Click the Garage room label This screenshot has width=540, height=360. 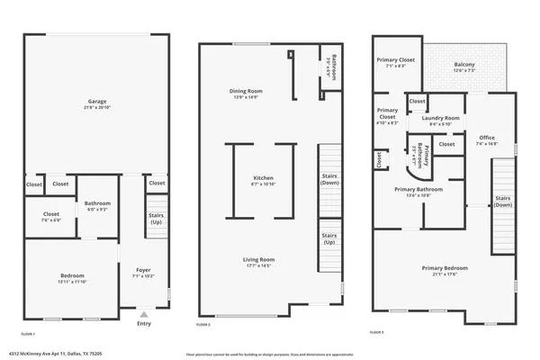click(x=96, y=102)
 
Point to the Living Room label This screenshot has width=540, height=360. click(x=257, y=260)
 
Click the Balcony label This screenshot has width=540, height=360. click(x=464, y=64)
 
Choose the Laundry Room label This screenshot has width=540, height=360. click(x=440, y=118)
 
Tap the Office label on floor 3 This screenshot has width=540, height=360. click(x=487, y=137)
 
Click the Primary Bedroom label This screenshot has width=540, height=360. click(x=445, y=268)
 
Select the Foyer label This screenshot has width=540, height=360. click(x=143, y=269)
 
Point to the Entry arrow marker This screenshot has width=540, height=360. click(x=143, y=314)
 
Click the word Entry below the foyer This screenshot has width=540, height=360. click(x=143, y=323)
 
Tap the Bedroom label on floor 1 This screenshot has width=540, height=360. click(x=72, y=274)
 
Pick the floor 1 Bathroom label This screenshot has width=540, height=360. click(x=97, y=203)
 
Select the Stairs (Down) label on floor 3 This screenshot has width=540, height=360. click(x=503, y=201)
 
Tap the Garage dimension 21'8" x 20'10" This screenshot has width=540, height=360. click(x=96, y=108)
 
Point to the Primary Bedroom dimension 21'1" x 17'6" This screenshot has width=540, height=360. click(x=445, y=274)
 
